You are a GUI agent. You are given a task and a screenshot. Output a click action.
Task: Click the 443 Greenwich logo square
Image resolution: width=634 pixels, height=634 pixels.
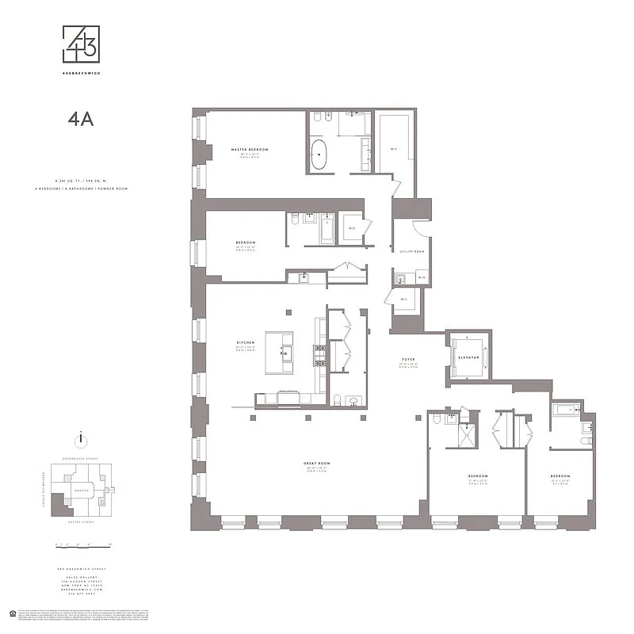click(x=82, y=44)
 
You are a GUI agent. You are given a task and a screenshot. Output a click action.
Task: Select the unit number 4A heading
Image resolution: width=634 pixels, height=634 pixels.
click(x=81, y=119)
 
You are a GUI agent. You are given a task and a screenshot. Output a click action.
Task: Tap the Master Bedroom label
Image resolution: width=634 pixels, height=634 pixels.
click(x=250, y=149)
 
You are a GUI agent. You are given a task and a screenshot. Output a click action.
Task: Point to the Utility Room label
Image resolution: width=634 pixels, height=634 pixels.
click(x=412, y=251)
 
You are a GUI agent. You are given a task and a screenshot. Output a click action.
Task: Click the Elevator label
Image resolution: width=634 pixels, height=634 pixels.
click(x=468, y=358)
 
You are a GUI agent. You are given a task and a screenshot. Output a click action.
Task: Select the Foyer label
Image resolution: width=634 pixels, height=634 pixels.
click(x=408, y=360)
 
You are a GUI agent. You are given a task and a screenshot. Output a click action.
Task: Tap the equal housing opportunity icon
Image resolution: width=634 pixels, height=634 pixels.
click(x=11, y=612)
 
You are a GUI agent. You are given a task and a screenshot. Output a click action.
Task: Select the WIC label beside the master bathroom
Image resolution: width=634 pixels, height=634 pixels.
click(x=393, y=148)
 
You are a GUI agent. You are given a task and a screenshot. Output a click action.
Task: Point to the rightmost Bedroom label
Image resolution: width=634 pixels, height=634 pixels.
click(x=560, y=476)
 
